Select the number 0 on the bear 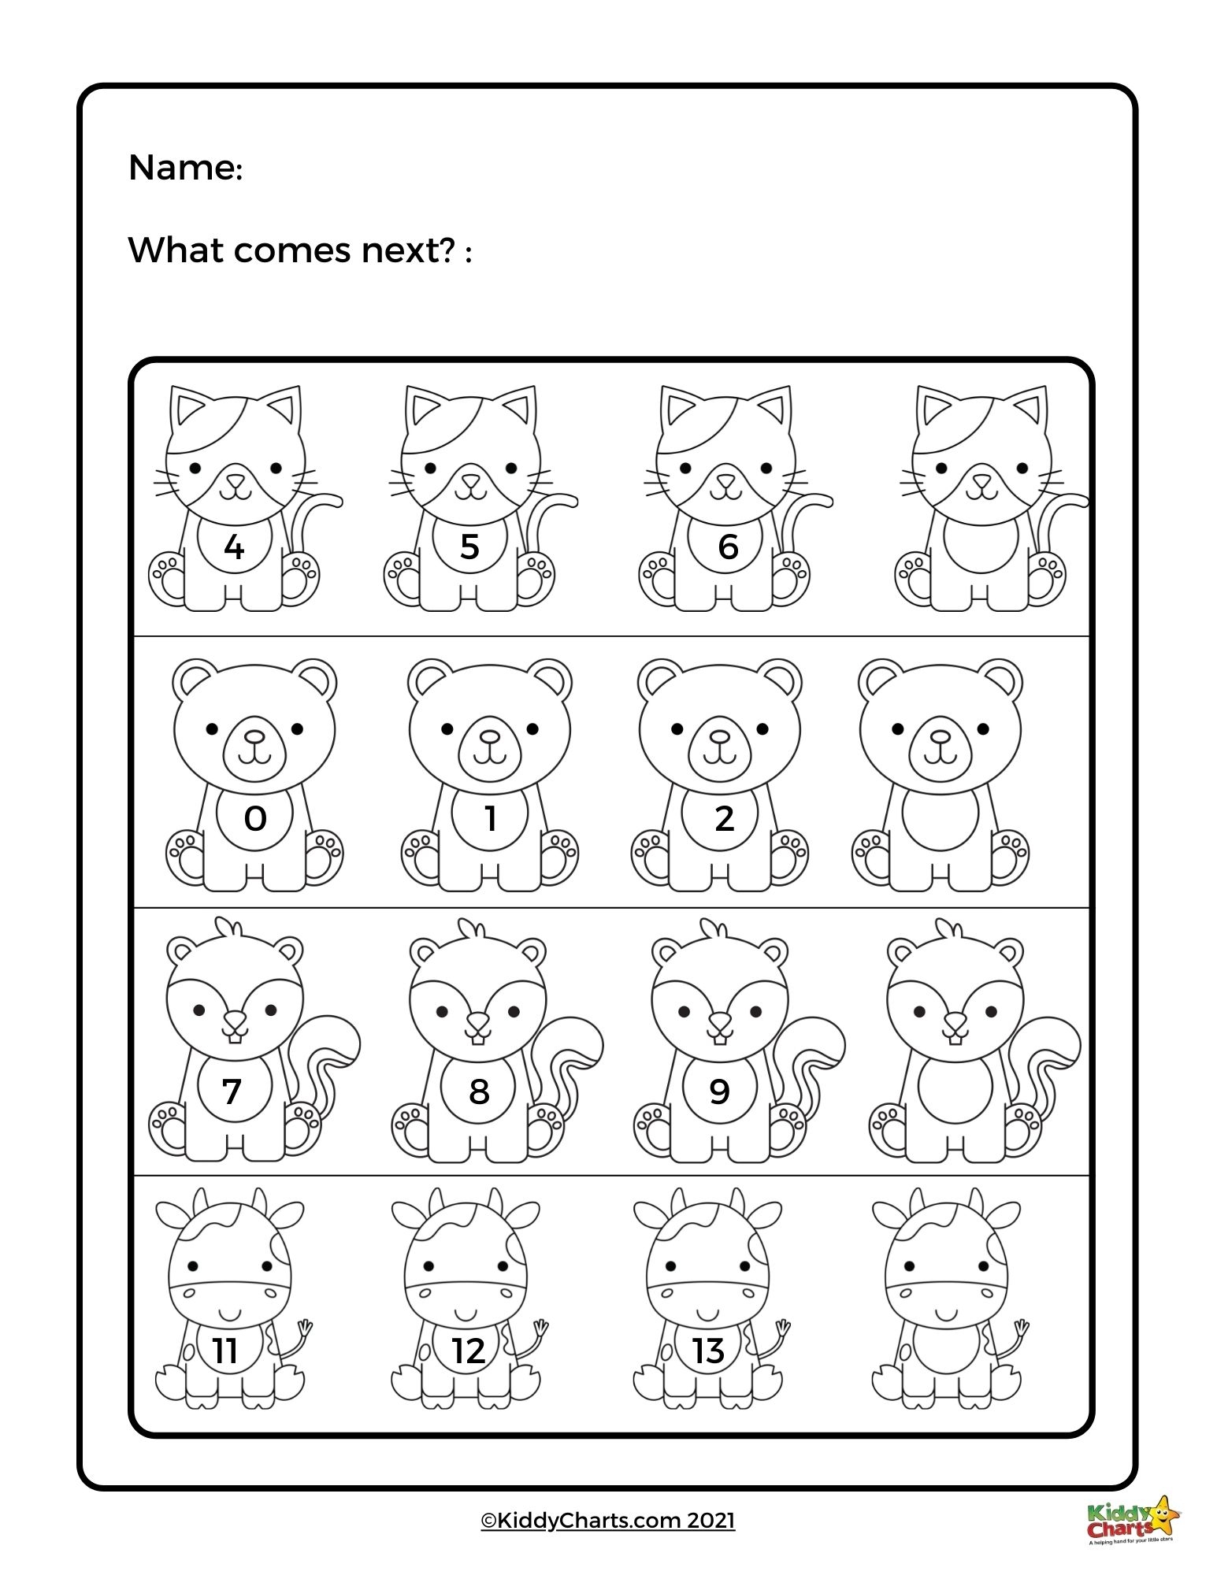click(x=254, y=819)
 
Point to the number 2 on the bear click(x=724, y=819)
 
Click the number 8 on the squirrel click(x=478, y=1091)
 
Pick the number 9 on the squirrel click(x=719, y=1091)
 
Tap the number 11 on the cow click(x=225, y=1351)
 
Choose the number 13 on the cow click(x=707, y=1351)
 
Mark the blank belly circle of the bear click(x=940, y=819)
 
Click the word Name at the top click(x=183, y=168)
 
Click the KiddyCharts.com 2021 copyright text click(x=607, y=1520)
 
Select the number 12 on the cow click(x=468, y=1351)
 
